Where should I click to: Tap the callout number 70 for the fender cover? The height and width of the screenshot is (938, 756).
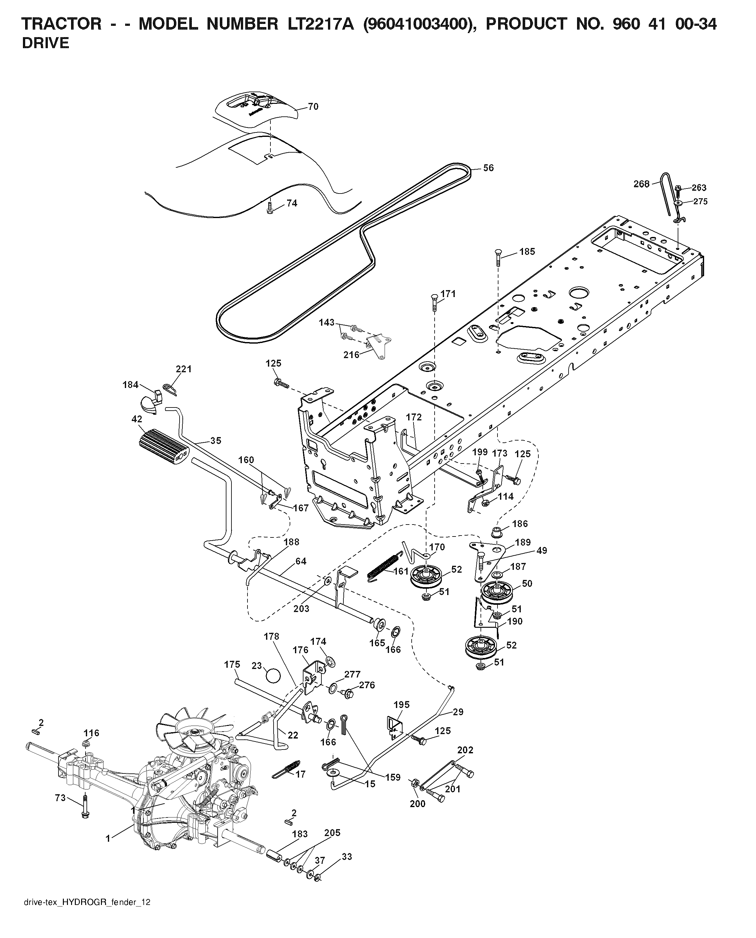(x=313, y=107)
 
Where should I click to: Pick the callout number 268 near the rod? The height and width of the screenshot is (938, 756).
(x=642, y=184)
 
